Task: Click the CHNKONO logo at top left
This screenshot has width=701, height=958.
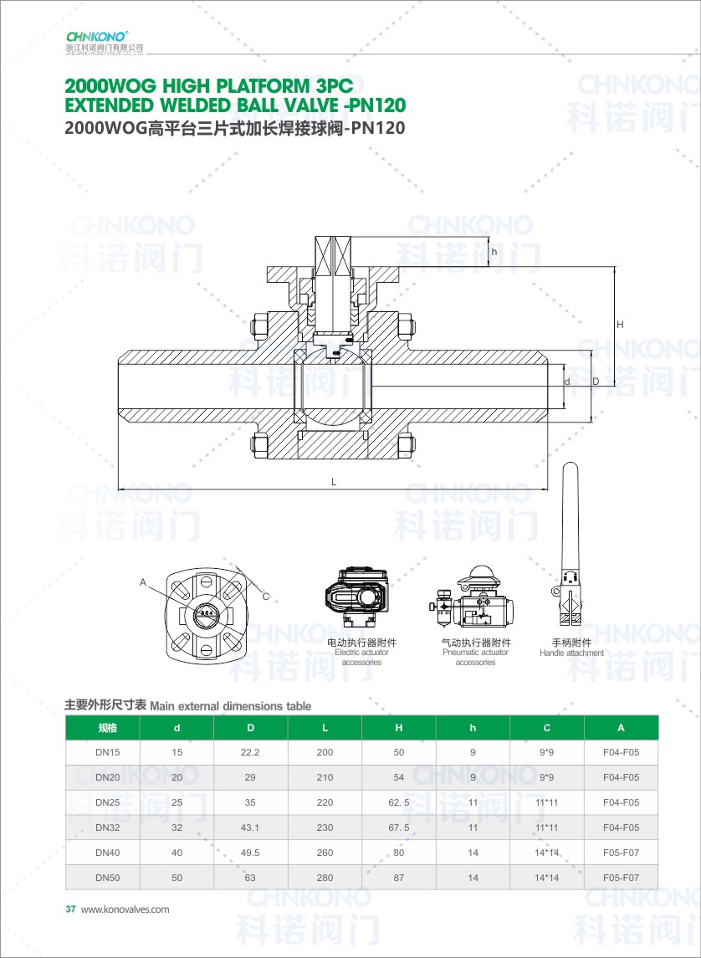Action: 96,37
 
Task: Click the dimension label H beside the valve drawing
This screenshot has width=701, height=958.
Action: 620,325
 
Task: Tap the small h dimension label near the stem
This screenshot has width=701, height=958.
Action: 494,252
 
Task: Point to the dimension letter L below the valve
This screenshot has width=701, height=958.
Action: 334,481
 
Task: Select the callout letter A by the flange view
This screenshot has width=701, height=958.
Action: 143,581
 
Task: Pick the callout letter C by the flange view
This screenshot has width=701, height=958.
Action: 265,597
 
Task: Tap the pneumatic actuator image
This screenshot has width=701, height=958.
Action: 474,602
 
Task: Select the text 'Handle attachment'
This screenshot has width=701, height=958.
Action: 571,653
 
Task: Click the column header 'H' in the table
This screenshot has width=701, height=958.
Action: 399,728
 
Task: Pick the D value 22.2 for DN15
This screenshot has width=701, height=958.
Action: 250,752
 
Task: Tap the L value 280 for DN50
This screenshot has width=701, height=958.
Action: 325,878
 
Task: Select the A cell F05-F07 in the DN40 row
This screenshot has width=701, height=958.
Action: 621,853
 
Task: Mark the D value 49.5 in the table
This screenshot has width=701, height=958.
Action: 250,853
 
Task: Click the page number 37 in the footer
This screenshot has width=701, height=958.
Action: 70,909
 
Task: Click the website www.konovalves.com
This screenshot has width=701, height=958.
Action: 125,909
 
